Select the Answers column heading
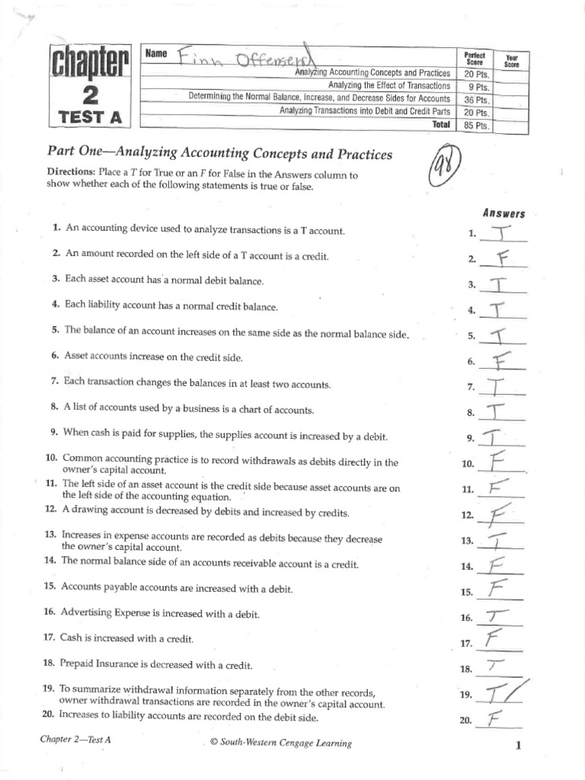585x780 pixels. pos(503,214)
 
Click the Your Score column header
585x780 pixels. pos(511,61)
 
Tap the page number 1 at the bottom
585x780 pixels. pos(517,746)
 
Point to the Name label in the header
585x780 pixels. pos(155,53)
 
